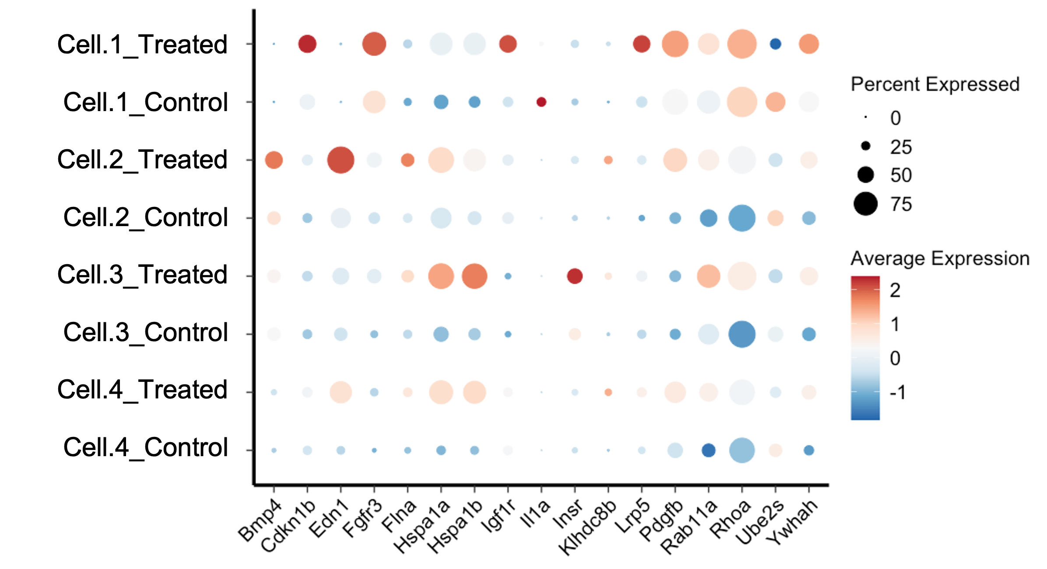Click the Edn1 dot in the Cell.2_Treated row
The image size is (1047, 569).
tap(341, 160)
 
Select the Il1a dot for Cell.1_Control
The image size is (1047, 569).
tap(541, 102)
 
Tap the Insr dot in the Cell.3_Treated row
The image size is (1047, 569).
tap(574, 276)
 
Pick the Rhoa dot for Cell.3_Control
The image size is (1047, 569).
tap(741, 334)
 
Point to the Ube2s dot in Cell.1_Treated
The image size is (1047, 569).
tap(775, 44)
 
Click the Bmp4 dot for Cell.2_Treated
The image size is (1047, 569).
tap(274, 160)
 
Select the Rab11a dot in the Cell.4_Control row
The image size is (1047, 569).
tap(708, 450)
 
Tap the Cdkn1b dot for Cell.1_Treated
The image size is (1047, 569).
tap(307, 44)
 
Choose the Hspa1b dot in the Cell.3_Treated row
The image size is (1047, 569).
tap(474, 276)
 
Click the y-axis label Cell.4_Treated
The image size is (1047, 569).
tap(142, 390)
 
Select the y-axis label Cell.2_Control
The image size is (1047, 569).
tap(145, 217)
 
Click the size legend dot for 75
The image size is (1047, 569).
tap(865, 204)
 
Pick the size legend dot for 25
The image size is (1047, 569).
tap(865, 146)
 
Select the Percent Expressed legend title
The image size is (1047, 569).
tap(935, 84)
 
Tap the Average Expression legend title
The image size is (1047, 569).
tap(940, 258)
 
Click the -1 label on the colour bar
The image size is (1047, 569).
tap(897, 392)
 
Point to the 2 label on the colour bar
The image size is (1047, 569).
tap(895, 290)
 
